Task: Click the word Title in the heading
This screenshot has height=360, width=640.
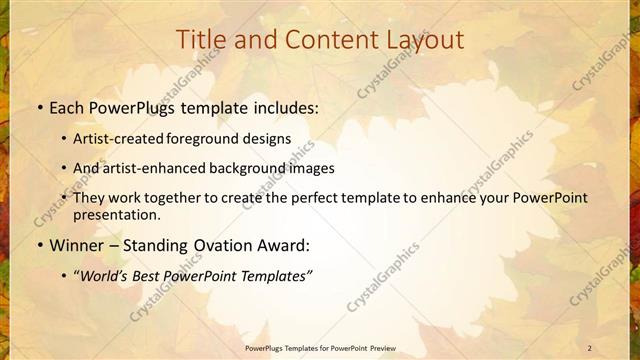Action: coord(200,40)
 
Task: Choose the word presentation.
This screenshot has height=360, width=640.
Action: coord(116,214)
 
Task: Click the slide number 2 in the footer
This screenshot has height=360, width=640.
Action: coord(591,347)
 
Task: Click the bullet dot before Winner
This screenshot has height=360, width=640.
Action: coord(38,245)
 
